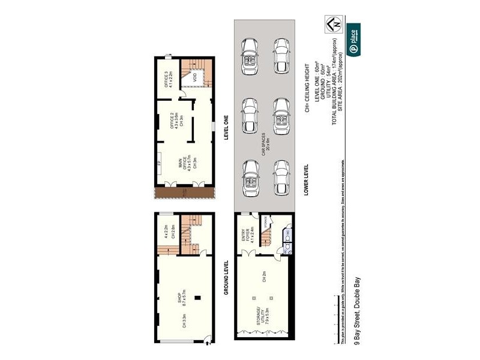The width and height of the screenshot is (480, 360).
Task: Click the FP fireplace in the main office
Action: point(159,163)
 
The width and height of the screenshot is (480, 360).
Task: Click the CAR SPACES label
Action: point(265,146)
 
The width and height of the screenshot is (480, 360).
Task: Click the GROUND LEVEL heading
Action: point(227,277)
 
